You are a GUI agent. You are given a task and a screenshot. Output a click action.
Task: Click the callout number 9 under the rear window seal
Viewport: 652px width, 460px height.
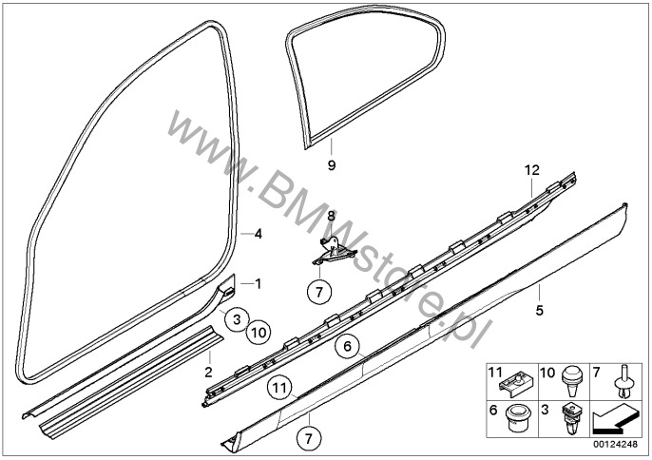click(x=332, y=165)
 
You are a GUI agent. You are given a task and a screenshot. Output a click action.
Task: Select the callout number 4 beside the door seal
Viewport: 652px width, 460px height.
click(x=259, y=234)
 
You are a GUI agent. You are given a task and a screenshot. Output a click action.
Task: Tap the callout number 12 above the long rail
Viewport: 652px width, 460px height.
click(x=532, y=170)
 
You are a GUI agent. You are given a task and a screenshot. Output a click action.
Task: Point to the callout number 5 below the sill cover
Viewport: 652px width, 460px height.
click(x=539, y=310)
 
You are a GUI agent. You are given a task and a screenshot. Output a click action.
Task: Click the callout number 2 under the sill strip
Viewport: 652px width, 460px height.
click(x=208, y=372)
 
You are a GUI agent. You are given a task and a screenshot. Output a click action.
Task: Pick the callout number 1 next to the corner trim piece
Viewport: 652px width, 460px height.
click(x=259, y=284)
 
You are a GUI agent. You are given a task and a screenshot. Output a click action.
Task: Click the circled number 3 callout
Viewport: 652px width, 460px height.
click(x=237, y=319)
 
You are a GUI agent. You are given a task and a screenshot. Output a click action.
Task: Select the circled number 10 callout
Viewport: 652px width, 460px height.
click(x=259, y=333)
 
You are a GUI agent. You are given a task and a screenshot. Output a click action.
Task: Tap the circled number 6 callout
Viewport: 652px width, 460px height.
click(x=348, y=346)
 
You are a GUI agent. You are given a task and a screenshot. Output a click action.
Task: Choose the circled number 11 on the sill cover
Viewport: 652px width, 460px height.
click(x=279, y=388)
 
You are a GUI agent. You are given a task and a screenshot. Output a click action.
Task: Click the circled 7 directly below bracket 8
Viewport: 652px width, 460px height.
click(x=319, y=292)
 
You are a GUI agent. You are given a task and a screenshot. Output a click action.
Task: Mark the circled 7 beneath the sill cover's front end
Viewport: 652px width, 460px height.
click(x=309, y=438)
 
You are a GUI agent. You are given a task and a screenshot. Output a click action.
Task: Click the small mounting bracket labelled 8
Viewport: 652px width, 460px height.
click(x=334, y=251)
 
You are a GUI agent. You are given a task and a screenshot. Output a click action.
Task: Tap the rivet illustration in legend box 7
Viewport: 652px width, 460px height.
click(x=623, y=381)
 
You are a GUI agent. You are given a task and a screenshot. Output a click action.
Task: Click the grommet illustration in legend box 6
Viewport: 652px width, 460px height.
click(x=517, y=419)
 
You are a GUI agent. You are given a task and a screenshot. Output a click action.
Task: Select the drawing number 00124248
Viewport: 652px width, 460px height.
click(x=616, y=444)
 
